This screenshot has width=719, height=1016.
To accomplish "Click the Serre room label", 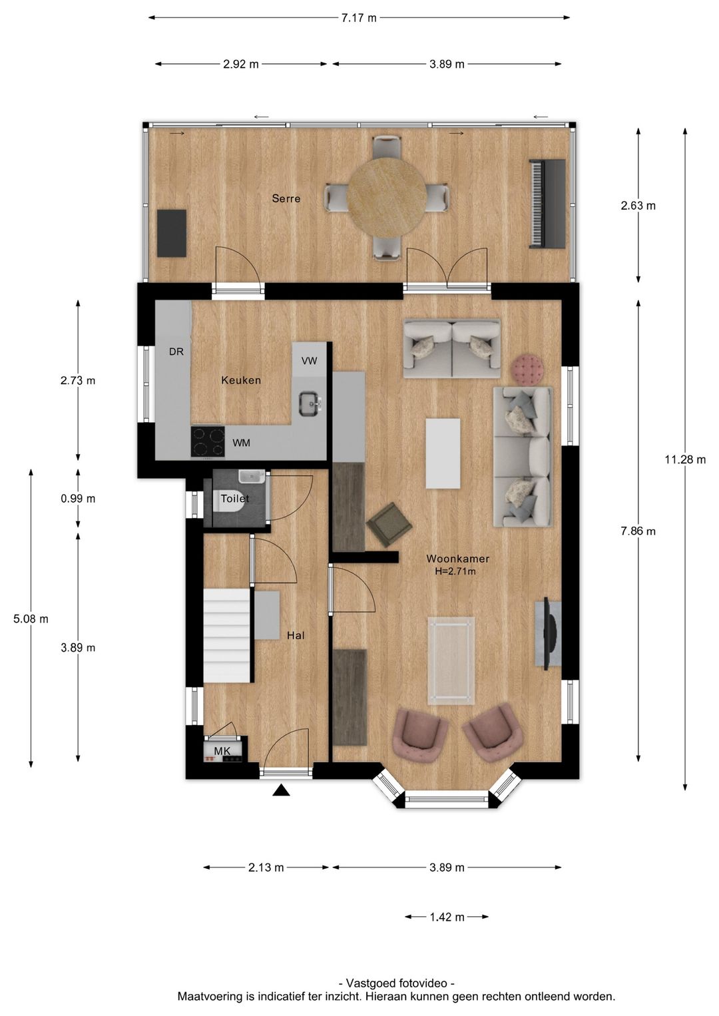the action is (286, 198).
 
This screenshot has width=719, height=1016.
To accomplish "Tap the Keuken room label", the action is (241, 380).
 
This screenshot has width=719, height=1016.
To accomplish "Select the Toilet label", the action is (235, 499).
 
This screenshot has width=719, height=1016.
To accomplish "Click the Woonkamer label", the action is (458, 559).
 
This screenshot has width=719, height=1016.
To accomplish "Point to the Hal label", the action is (296, 635).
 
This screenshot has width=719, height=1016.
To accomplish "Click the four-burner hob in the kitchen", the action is (208, 442).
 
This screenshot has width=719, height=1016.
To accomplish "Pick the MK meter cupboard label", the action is (222, 751).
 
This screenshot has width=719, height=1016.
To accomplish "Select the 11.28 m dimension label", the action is (685, 459).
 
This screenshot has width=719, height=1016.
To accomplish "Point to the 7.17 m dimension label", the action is (359, 18).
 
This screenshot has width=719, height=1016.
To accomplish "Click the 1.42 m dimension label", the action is (447, 917).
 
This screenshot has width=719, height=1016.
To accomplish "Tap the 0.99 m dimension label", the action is (78, 499).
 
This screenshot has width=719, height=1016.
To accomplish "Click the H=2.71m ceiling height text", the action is (455, 571).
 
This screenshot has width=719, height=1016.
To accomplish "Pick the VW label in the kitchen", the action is (310, 361).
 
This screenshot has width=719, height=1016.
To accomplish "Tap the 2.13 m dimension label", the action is (266, 868).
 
